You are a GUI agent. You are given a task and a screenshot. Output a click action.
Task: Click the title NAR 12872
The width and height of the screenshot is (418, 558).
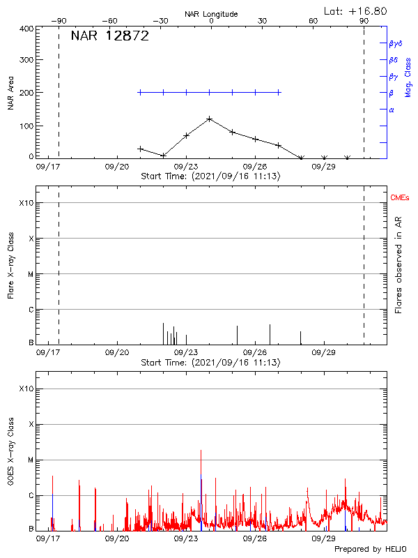(110, 37)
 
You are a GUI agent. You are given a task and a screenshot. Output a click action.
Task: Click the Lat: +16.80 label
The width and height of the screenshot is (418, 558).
(357, 11)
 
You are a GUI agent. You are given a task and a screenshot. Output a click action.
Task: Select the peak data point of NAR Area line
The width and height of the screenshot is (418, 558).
(209, 119)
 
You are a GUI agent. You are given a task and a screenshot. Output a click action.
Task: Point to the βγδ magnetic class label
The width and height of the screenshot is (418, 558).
(396, 43)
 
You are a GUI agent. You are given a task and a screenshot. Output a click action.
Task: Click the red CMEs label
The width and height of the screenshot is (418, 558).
(400, 199)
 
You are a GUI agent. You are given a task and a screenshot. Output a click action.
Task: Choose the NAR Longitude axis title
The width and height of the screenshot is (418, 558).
(211, 14)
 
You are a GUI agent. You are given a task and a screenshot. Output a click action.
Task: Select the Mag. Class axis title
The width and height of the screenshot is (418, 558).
(408, 77)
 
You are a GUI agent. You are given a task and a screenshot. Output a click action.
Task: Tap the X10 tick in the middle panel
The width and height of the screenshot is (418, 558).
(26, 203)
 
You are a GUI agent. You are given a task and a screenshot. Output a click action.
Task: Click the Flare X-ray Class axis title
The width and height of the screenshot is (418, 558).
(10, 266)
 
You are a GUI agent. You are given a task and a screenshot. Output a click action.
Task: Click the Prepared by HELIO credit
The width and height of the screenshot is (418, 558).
(370, 550)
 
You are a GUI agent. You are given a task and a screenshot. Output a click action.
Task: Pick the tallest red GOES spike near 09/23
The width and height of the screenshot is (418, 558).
(201, 451)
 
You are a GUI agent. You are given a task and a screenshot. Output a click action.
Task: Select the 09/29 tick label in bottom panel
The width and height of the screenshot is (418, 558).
(324, 538)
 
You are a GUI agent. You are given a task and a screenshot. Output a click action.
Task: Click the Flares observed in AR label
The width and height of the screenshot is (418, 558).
(398, 267)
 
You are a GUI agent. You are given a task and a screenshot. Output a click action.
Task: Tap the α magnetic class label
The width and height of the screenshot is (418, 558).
(392, 110)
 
